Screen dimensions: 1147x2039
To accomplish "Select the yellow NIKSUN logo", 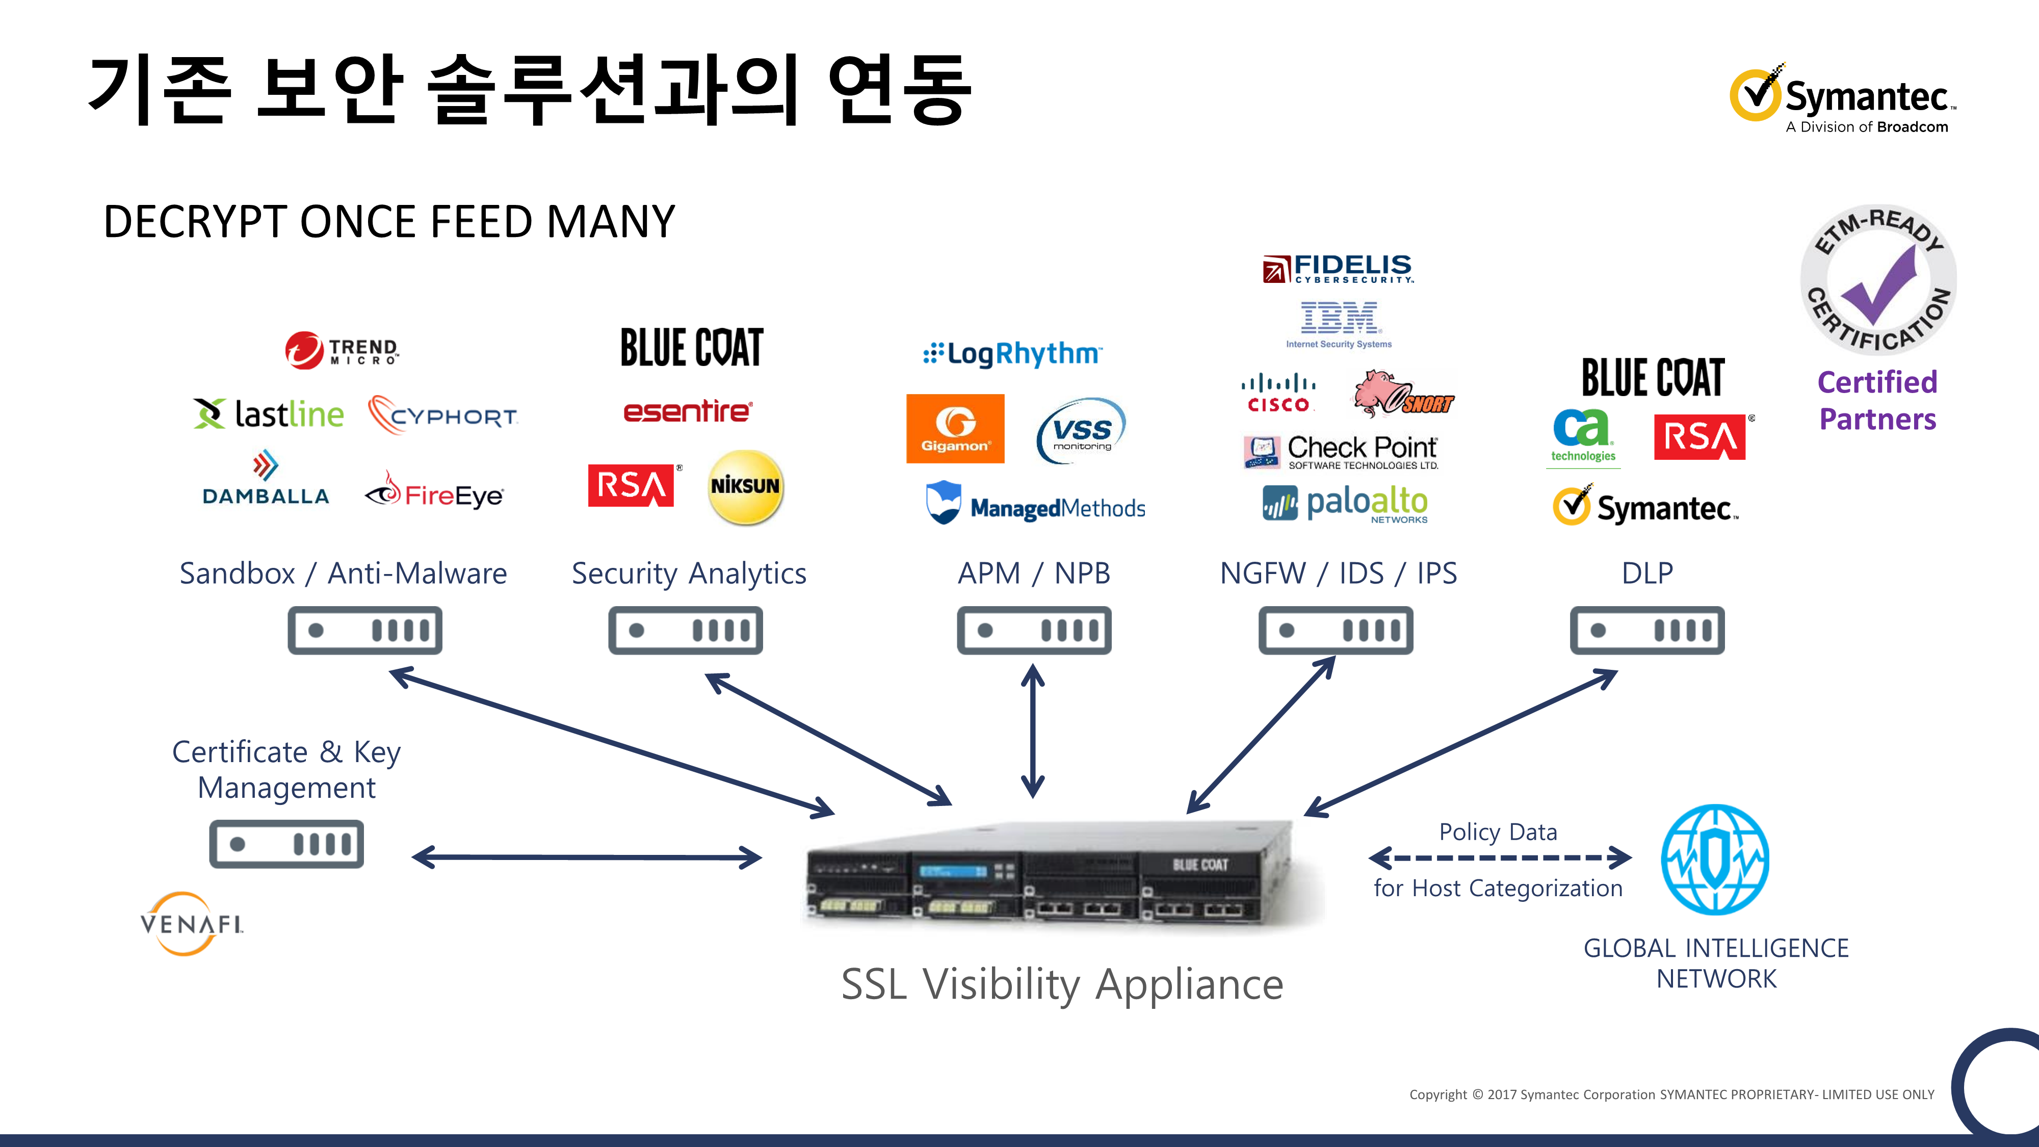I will pos(745,486).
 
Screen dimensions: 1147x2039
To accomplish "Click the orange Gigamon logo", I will pos(955,428).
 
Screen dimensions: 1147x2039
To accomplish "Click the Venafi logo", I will pos(192,923).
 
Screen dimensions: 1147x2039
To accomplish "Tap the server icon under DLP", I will pos(1646,630).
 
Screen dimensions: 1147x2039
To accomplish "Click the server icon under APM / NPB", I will pos(1034,630).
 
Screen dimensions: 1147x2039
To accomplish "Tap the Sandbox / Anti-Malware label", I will pos(343,573).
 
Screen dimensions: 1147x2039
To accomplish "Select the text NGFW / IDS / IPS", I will pos(1338,573).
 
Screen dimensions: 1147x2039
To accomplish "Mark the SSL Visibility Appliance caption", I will pos(1061,984).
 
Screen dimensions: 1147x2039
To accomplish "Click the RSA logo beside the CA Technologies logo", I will pos(1700,437).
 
